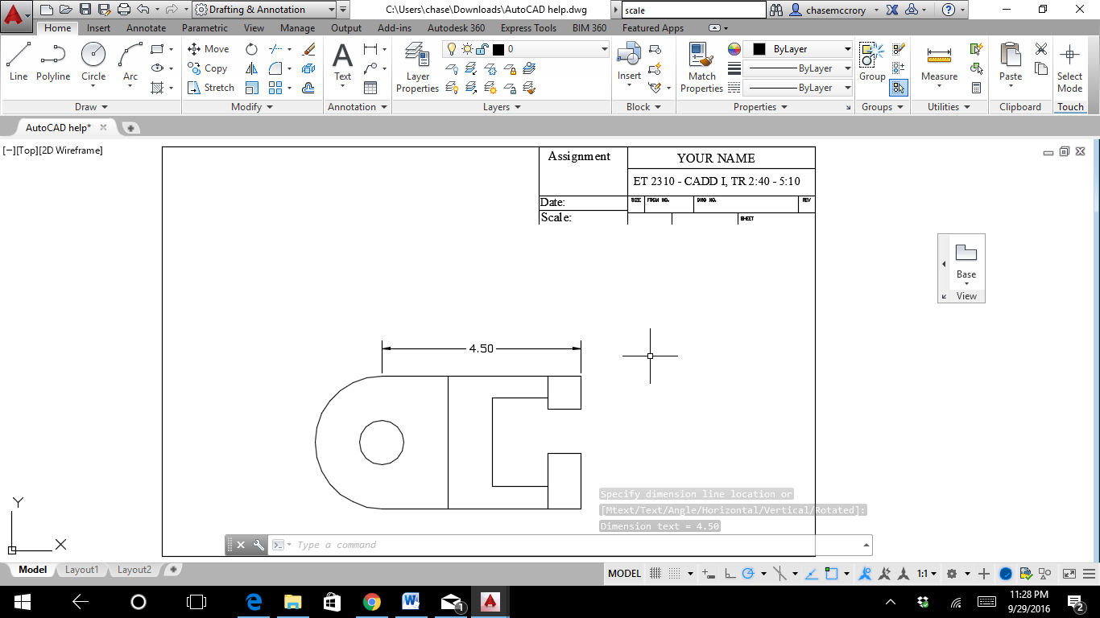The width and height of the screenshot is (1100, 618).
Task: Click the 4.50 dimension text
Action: tap(481, 348)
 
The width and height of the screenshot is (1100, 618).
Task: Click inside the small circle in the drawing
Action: tap(382, 443)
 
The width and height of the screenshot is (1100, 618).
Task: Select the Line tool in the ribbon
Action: tap(19, 62)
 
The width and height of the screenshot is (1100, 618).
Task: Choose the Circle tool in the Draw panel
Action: tap(93, 62)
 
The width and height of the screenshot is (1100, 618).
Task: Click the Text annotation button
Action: tap(343, 62)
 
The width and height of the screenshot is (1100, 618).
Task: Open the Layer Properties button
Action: tap(417, 68)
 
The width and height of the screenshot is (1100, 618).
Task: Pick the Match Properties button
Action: tap(701, 68)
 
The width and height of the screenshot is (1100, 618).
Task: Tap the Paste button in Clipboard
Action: tap(1011, 63)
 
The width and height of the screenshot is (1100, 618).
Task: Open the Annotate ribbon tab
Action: tap(146, 28)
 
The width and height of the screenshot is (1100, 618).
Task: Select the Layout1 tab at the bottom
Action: tap(81, 570)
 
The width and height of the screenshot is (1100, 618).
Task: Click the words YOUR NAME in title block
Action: tap(716, 159)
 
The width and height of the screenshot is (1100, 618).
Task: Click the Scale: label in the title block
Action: tap(556, 217)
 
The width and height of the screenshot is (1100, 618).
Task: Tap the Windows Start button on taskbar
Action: tap(22, 602)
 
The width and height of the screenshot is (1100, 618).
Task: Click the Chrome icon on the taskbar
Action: tap(371, 602)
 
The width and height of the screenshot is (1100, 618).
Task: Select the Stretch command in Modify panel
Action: tap(211, 88)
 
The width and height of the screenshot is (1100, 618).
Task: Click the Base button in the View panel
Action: tap(966, 262)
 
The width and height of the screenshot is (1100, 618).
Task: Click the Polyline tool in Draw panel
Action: tap(53, 62)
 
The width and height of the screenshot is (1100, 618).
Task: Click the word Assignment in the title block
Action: tap(579, 157)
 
